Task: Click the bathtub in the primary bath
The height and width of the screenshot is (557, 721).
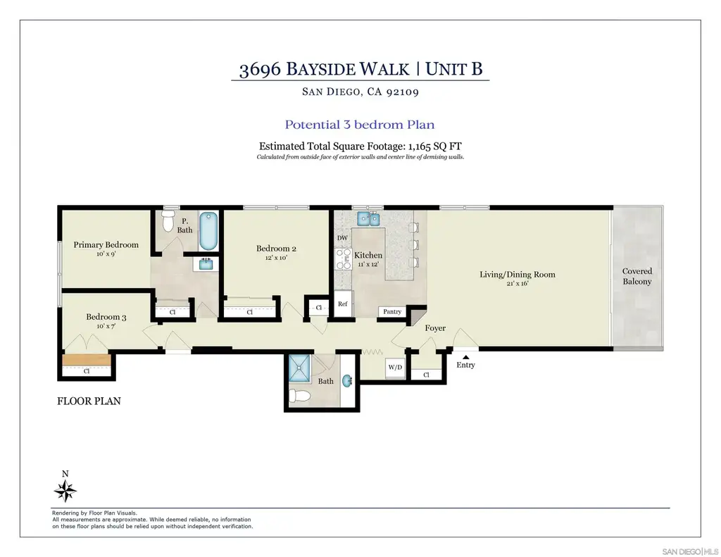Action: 208,231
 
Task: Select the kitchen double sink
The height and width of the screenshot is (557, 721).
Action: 368,219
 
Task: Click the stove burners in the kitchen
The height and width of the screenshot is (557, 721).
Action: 343,259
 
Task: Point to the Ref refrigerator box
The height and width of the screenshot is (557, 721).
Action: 343,303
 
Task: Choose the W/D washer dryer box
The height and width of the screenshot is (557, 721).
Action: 395,368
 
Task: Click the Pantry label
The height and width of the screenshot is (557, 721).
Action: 392,311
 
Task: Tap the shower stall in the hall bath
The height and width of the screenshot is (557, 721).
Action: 300,368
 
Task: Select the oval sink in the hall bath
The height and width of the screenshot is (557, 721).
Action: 347,381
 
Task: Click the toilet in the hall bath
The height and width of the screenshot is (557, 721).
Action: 298,396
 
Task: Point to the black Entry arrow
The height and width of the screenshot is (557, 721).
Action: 466,357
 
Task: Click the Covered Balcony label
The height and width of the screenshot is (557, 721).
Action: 637,277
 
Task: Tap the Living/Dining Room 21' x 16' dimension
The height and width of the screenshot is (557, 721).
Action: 518,283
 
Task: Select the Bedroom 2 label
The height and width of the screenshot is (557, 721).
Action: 276,249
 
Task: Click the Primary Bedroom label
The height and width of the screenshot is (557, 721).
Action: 106,244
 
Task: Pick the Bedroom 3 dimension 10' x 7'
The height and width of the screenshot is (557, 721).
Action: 106,326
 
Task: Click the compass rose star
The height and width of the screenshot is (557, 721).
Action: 65,491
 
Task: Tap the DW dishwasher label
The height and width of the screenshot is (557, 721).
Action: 343,238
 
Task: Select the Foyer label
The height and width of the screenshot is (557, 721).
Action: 435,328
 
